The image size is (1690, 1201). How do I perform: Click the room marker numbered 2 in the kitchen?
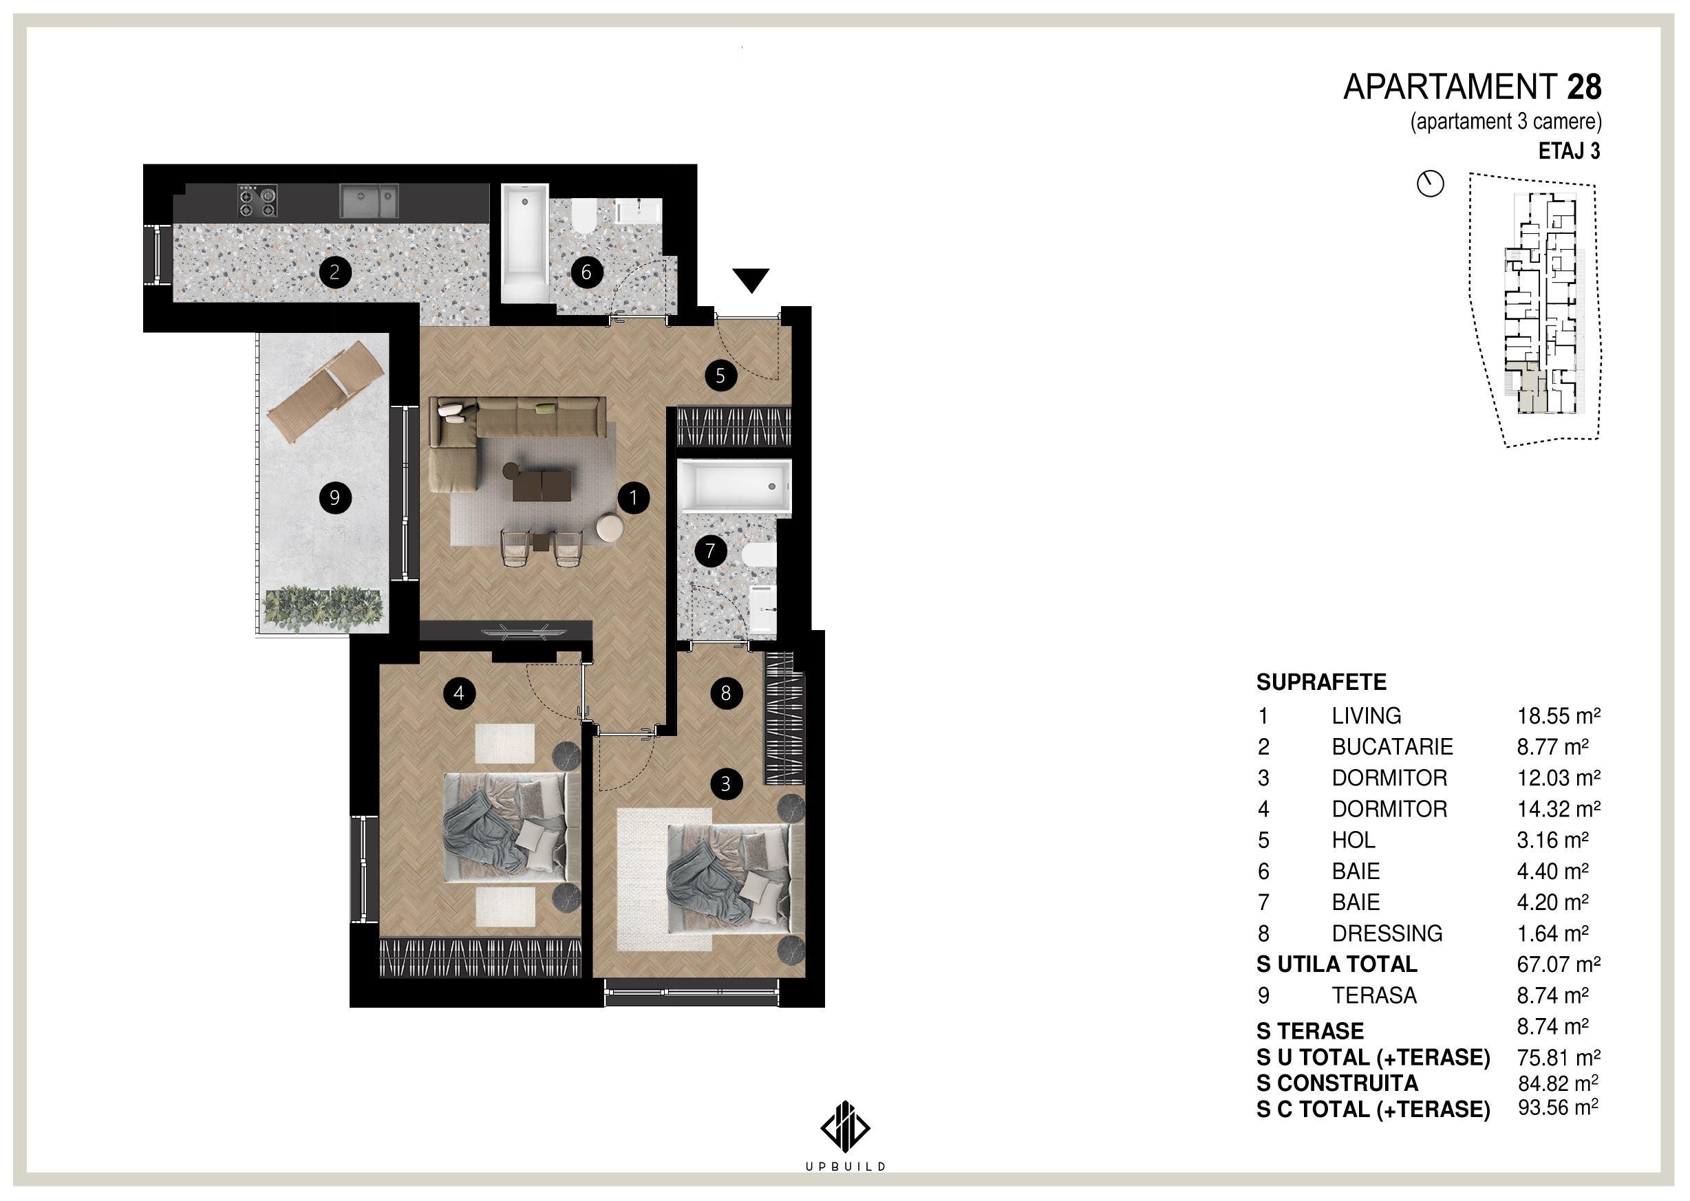click(334, 272)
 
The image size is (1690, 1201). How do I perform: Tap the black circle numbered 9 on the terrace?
click(334, 498)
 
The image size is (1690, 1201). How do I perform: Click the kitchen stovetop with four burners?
click(257, 201)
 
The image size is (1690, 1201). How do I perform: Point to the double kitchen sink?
click(369, 201)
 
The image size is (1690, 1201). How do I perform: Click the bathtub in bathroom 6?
click(524, 243)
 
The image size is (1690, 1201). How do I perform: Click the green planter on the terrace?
click(324, 609)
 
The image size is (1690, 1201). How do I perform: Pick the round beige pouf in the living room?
click(610, 528)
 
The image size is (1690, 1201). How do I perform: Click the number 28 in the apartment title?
click(1584, 87)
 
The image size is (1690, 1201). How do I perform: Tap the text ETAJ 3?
click(1570, 151)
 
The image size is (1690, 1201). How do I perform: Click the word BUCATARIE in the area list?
click(1392, 747)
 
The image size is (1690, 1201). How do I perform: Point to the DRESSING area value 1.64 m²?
click(1552, 933)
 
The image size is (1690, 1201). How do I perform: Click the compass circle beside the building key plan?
click(1431, 184)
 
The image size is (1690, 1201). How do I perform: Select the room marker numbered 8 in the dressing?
click(725, 693)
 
